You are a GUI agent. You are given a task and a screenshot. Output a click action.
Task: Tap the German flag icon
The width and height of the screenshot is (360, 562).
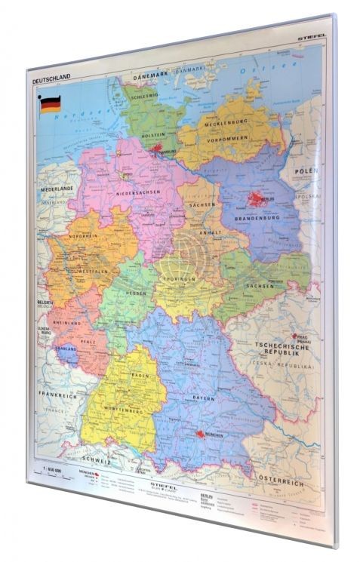49,104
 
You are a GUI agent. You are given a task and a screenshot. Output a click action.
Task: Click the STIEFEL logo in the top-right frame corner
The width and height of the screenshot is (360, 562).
312,32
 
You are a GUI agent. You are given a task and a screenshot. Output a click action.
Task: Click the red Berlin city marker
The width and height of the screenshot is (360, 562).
255,200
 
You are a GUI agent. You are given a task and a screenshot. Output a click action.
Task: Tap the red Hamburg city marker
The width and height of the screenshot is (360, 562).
160,151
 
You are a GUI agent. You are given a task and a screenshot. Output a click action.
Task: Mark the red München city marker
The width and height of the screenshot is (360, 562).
199,435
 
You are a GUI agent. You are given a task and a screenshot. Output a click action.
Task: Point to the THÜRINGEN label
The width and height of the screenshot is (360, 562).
179,278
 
